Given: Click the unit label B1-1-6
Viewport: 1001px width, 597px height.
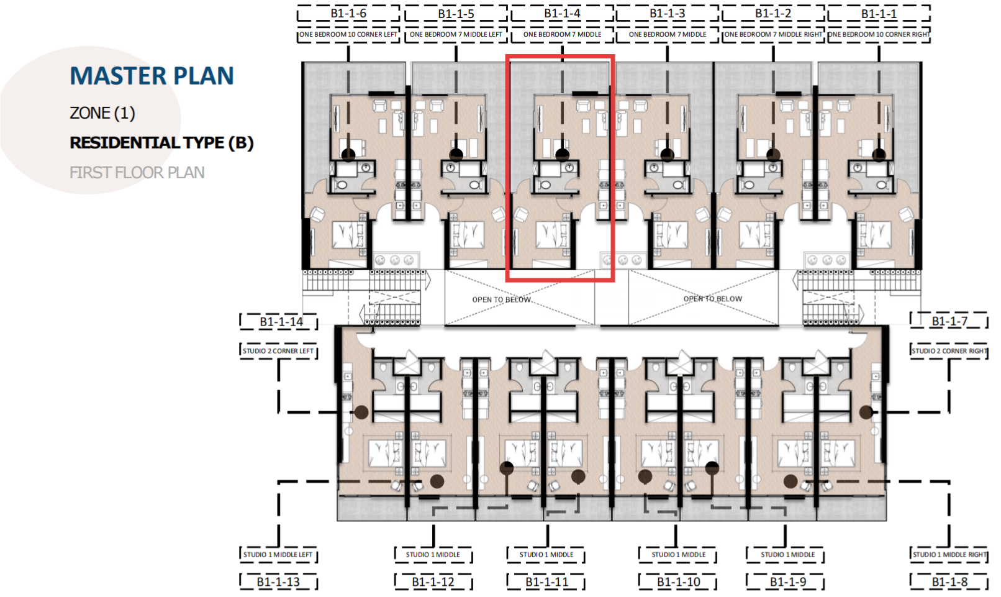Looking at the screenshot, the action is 348,14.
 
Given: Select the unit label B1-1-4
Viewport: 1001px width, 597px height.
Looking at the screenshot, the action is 562,14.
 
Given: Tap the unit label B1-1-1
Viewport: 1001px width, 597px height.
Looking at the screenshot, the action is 879,14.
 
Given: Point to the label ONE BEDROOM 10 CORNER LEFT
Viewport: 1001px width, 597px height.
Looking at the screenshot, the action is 348,34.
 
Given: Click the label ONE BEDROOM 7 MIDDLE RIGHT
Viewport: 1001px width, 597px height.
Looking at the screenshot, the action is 773,34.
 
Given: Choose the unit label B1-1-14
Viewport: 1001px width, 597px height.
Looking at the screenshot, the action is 281,322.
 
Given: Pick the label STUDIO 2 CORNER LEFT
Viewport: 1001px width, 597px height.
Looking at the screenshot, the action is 278,351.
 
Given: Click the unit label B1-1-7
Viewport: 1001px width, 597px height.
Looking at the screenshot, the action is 949,321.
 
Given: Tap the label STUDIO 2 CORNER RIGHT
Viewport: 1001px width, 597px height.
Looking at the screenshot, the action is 949,351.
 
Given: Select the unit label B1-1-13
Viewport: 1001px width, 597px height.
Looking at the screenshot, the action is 278,582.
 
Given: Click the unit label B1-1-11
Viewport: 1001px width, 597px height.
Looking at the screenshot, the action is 546,582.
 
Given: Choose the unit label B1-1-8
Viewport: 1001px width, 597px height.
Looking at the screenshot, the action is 949,582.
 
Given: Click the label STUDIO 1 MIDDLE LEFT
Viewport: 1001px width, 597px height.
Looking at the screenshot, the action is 278,555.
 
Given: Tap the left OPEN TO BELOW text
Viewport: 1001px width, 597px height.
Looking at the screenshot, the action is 501,299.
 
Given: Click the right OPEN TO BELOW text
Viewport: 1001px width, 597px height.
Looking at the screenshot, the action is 713,299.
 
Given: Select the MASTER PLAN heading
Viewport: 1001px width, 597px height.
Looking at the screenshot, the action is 152,76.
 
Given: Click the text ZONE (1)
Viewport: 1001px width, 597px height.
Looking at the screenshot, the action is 102,112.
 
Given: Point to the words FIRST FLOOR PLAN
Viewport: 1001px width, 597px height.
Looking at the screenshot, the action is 137,173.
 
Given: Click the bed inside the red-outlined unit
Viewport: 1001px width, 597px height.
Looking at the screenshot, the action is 553,234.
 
